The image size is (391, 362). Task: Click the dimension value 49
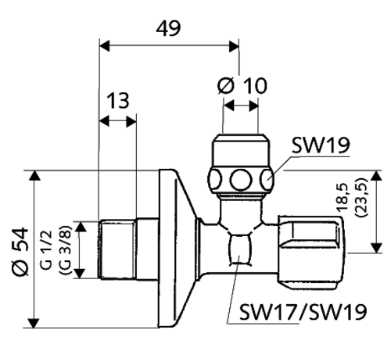pyautogui.click(x=167, y=28)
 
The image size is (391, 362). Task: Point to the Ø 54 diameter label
pyautogui.click(x=21, y=249)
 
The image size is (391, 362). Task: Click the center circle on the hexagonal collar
pyautogui.click(x=239, y=181)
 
